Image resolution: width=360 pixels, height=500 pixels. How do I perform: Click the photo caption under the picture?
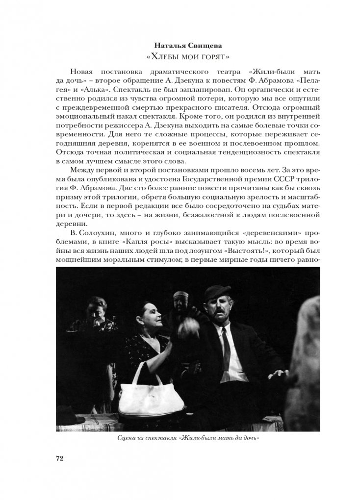(180, 438)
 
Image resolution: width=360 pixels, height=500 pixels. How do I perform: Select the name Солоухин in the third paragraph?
(93, 232)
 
